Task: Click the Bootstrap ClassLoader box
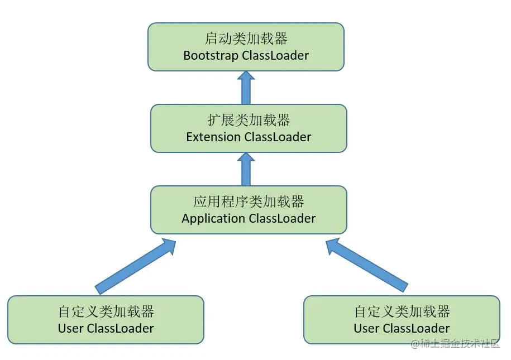pyautogui.click(x=246, y=47)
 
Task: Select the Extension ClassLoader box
pyautogui.click(x=249, y=128)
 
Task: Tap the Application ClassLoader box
pyautogui.click(x=249, y=210)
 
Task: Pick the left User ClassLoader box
pyautogui.click(x=106, y=320)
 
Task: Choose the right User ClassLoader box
pyautogui.click(x=402, y=320)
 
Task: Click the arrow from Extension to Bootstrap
pyautogui.click(x=246, y=87)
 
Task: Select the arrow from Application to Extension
pyautogui.click(x=246, y=169)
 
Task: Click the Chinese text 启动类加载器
pyautogui.click(x=246, y=39)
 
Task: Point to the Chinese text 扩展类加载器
pyautogui.click(x=249, y=119)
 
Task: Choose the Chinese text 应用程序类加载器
pyautogui.click(x=249, y=201)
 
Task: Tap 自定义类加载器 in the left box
pyautogui.click(x=106, y=311)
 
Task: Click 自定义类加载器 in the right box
pyautogui.click(x=402, y=311)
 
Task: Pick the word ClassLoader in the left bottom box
pyautogui.click(x=120, y=329)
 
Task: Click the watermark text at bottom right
pyautogui.click(x=455, y=344)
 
